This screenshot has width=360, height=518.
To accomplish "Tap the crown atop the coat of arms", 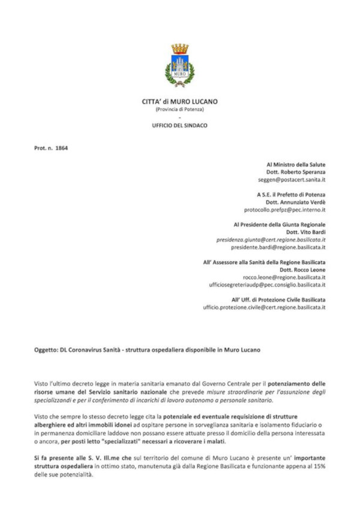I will [179, 49].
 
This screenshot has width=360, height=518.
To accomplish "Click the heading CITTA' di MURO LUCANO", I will [179, 102].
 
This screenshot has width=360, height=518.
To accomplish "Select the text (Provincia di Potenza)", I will [179, 109].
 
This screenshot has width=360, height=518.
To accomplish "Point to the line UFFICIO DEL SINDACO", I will [179, 125].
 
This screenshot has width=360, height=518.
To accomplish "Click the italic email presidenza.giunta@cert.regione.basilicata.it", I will [271, 239].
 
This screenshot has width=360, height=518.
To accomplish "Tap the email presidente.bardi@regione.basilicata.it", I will [278, 247].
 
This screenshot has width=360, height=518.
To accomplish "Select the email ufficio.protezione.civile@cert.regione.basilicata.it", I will [263, 308].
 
